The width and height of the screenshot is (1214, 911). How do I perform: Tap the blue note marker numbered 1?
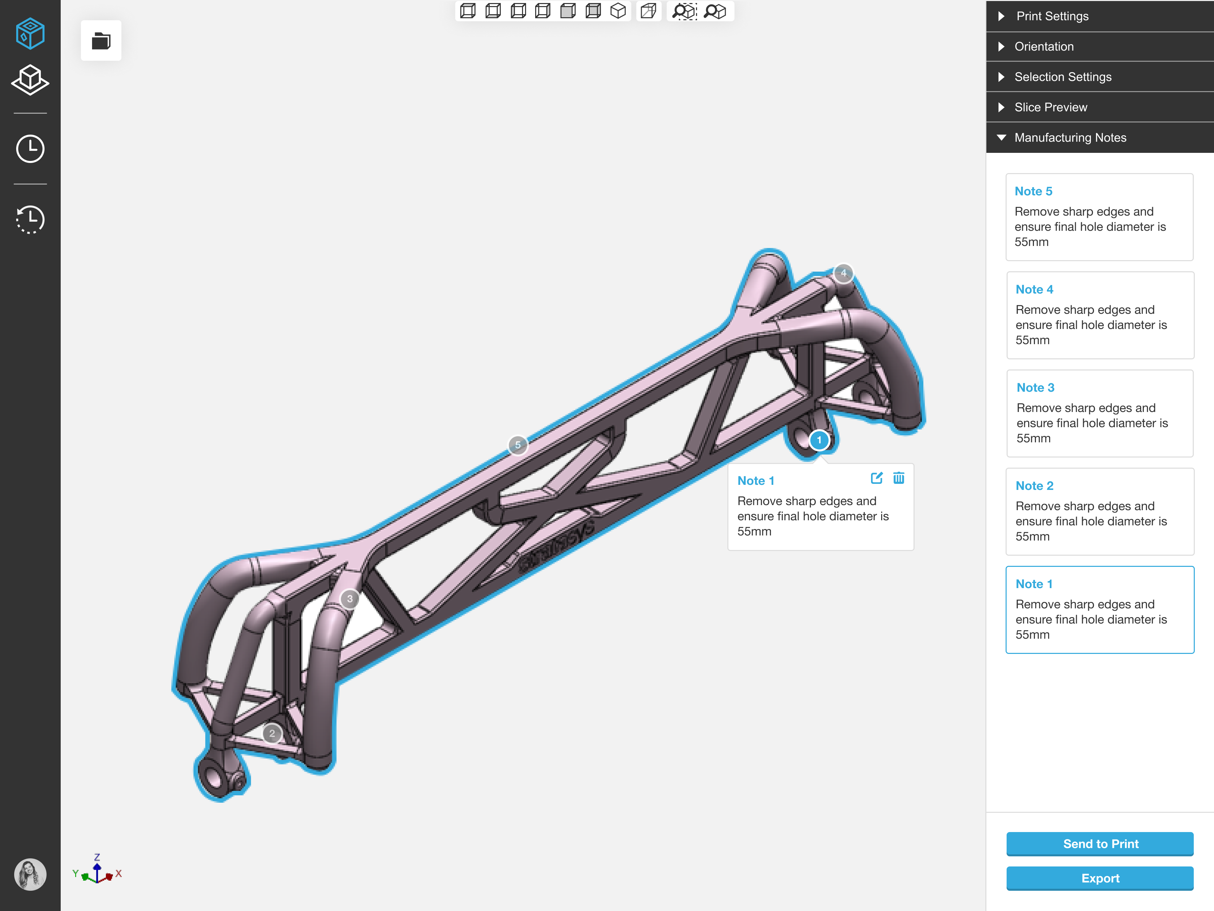819,440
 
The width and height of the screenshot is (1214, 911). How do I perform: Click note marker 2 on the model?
272,734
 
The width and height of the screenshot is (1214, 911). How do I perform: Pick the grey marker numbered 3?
350,599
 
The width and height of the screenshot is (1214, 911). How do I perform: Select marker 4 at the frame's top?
843,273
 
